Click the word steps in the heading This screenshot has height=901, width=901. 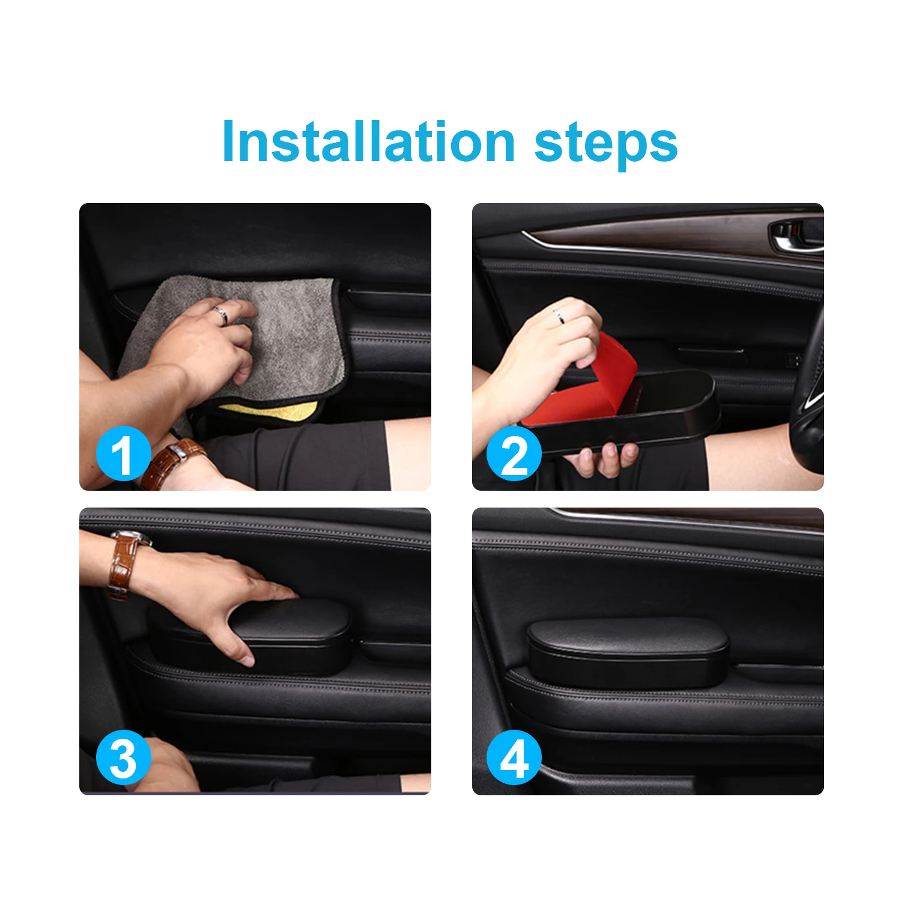606,144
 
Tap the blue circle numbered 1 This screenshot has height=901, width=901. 124,454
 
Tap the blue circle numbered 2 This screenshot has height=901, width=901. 514,454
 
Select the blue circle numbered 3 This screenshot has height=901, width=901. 124,757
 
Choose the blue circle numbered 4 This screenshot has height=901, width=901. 514,757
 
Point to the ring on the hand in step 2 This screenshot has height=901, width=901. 558,314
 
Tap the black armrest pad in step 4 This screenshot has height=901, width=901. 628,652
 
